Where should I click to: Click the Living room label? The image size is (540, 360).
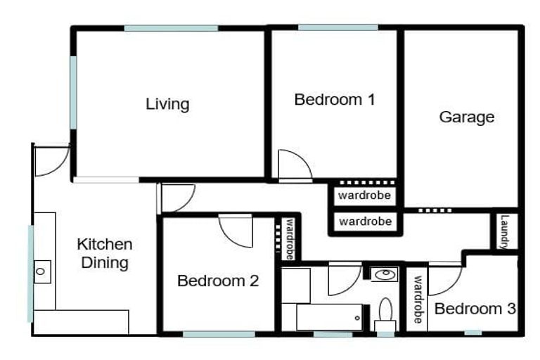click(167, 104)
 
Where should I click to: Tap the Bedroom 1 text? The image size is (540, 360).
click(334, 99)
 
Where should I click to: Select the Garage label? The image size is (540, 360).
click(466, 117)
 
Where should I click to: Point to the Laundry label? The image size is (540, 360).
click(504, 231)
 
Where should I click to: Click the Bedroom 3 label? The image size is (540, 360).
click(475, 308)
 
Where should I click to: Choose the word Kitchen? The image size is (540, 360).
click(104, 244)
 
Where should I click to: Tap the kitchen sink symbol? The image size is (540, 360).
click(42, 269)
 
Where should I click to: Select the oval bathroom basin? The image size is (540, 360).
click(384, 274)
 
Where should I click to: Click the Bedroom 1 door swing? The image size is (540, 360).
click(293, 166)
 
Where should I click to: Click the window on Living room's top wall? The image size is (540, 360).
click(171, 28)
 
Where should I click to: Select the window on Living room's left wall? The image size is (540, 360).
click(73, 92)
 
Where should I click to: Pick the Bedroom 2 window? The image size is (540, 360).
click(218, 334)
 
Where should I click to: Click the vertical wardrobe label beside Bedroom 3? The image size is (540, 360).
click(417, 299)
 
